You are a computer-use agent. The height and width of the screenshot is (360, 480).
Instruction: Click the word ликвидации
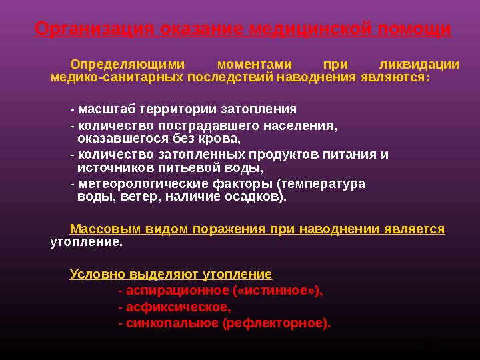click(x=419, y=65)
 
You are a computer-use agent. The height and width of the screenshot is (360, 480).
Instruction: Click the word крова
click(x=221, y=139)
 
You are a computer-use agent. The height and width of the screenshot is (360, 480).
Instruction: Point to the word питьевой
click(x=183, y=168)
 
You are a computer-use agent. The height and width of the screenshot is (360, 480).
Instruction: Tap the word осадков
click(x=256, y=197)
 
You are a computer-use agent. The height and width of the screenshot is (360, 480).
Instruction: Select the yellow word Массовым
click(x=100, y=229)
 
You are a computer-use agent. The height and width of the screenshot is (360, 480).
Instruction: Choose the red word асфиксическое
click(x=177, y=307)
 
